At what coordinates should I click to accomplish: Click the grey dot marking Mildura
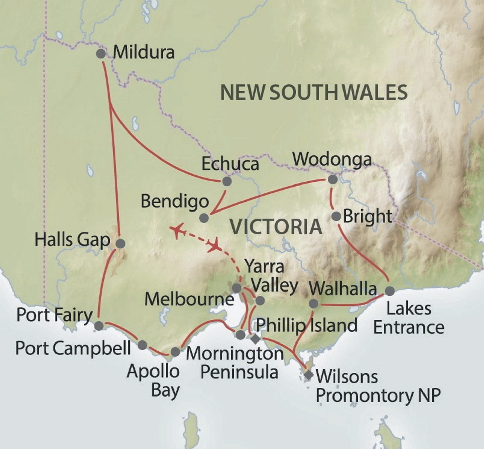point(101,54)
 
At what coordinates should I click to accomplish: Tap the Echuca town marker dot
point(227,181)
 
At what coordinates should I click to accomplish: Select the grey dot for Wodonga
point(333,179)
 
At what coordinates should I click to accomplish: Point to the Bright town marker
point(336,216)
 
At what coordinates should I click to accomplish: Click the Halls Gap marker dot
point(120,243)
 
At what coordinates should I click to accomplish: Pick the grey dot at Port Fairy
point(99,326)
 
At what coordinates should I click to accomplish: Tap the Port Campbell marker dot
point(142,345)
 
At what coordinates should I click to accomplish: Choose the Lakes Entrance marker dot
point(390,291)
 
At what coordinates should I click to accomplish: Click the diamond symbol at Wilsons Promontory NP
point(308,375)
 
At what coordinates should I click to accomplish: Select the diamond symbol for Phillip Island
point(255,339)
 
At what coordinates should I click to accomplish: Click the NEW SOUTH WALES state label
point(314,93)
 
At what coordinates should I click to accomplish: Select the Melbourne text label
point(189,300)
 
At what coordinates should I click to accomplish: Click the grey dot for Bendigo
point(204,218)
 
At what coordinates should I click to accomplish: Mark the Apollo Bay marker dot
point(175,352)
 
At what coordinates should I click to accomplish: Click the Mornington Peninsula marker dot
point(240,335)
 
